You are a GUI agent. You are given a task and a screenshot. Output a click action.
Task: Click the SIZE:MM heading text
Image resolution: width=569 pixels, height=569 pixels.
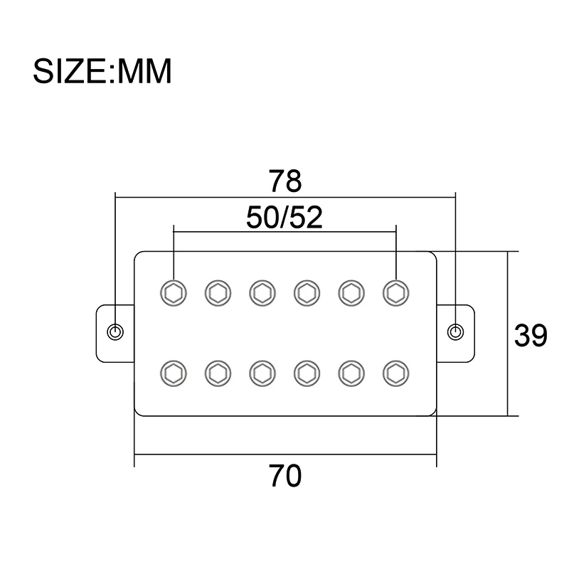pos(102,71)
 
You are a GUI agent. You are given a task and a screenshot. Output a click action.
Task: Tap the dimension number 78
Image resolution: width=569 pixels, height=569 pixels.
pos(285,181)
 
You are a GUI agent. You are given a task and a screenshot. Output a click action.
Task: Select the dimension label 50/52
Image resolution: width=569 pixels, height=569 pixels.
pos(284,218)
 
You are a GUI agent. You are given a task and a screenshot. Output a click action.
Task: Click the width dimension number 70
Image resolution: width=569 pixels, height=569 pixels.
pos(285,474)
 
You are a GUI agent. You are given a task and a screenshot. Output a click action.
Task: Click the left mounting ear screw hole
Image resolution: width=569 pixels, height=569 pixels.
pos(115,331)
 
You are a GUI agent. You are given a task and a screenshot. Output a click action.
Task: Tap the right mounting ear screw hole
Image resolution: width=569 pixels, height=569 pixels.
pos(456,331)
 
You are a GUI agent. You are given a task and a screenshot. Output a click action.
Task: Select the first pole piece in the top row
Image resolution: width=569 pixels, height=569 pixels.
pos(174,291)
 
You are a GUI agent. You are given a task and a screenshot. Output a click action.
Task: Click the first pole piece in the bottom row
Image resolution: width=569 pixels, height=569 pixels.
pos(174,372)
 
